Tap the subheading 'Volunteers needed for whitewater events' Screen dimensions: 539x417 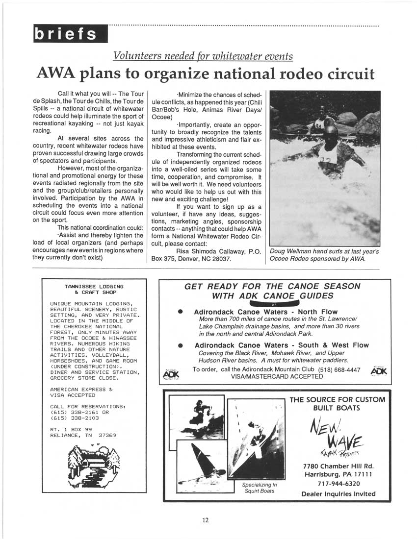(203, 56)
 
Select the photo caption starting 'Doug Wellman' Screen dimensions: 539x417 (324, 255)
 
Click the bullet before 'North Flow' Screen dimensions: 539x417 (181, 312)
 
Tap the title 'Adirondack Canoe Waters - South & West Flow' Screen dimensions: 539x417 (281, 345)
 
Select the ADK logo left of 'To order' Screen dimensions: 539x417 (169, 374)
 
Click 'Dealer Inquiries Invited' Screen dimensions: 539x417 (339, 494)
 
